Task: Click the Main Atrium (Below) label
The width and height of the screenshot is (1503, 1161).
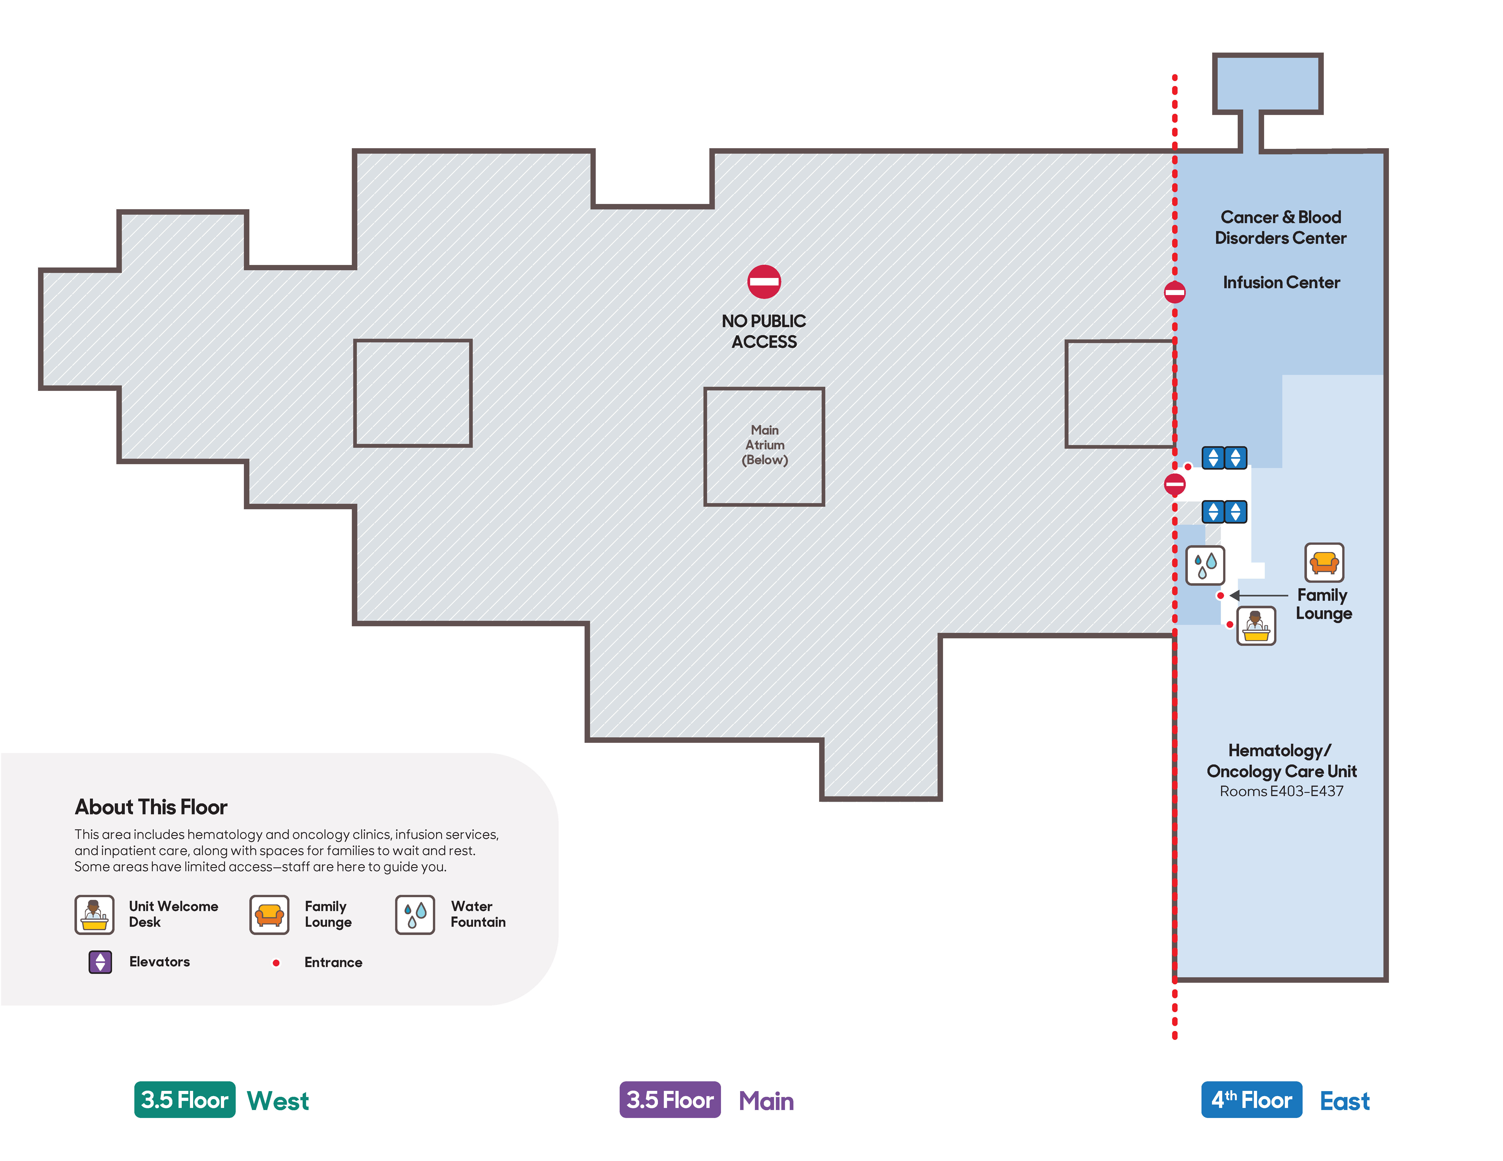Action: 764,445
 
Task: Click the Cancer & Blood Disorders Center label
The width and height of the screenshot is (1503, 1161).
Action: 1281,228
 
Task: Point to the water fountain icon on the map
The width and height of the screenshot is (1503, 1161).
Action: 1205,565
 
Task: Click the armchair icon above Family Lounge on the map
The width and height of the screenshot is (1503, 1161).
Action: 1324,563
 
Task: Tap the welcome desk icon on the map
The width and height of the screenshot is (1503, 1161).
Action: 1256,625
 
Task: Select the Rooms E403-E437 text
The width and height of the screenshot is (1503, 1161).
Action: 1281,792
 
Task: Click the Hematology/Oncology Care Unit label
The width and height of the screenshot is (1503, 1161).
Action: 1281,761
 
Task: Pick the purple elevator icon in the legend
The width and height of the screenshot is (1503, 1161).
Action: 100,962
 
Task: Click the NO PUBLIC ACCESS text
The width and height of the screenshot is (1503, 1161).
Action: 764,331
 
